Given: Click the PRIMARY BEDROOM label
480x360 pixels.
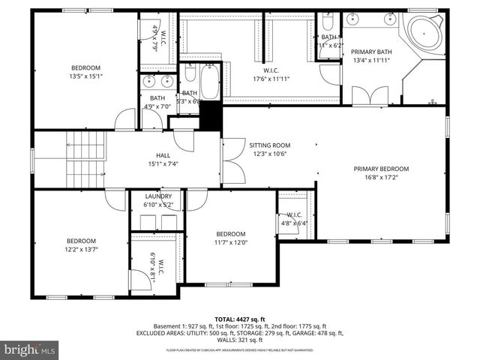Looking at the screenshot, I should point(381,169).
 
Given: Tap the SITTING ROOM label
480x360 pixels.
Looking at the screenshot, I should point(269,145).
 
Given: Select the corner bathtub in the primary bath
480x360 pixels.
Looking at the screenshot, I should point(425,36).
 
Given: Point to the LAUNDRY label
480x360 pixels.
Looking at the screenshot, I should point(158,196).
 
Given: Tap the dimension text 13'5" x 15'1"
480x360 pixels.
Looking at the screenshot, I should point(85,76).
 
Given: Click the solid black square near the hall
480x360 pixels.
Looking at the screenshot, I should point(211,116).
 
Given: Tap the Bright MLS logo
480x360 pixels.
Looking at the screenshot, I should point(30,349).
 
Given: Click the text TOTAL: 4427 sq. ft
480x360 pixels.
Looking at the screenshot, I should point(239,319).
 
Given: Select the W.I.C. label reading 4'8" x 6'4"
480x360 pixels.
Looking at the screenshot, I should point(289,219).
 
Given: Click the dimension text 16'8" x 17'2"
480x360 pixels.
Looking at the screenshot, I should point(381,177).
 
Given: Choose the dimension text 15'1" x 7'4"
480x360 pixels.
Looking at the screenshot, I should point(162,163).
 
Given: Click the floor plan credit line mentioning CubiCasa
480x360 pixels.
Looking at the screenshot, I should point(239,350).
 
